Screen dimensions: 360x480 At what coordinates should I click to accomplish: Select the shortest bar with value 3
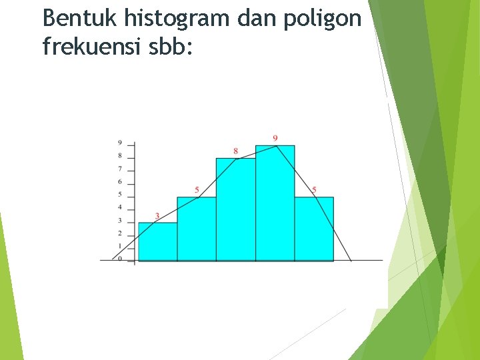(x=157, y=241)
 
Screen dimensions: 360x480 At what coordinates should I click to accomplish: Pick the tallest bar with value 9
(x=275, y=203)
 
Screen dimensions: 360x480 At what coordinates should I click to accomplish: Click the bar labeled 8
(x=235, y=209)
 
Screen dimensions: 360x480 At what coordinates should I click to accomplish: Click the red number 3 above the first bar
(x=157, y=216)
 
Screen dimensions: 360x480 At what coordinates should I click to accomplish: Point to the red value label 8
(x=235, y=151)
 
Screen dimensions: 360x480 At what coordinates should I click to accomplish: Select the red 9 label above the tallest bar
(x=275, y=138)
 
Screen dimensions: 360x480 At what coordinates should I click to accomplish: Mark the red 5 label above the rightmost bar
(x=314, y=190)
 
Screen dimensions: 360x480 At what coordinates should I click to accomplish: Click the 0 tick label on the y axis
(x=120, y=259)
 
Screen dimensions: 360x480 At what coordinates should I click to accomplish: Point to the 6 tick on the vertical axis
(x=120, y=182)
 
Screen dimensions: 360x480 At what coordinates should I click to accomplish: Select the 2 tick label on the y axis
(x=120, y=233)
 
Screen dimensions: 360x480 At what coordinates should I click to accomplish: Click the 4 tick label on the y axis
(x=120, y=208)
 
